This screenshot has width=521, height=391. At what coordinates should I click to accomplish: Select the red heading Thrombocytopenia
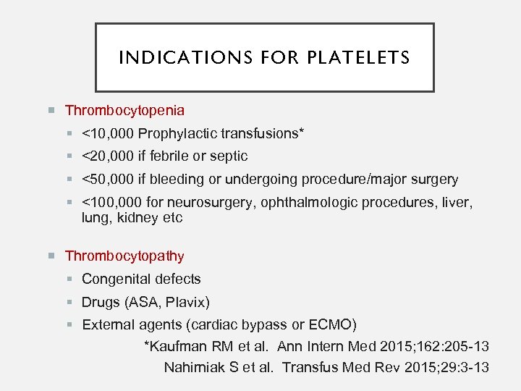tap(124, 111)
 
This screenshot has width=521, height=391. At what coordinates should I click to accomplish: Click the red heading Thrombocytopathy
tap(124, 256)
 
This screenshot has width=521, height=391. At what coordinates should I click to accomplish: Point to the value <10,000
tap(108, 133)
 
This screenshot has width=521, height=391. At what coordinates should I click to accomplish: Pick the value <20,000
tap(108, 156)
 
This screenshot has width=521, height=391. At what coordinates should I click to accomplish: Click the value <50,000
tap(108, 179)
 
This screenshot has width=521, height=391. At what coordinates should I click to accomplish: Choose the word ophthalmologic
tap(301, 202)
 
